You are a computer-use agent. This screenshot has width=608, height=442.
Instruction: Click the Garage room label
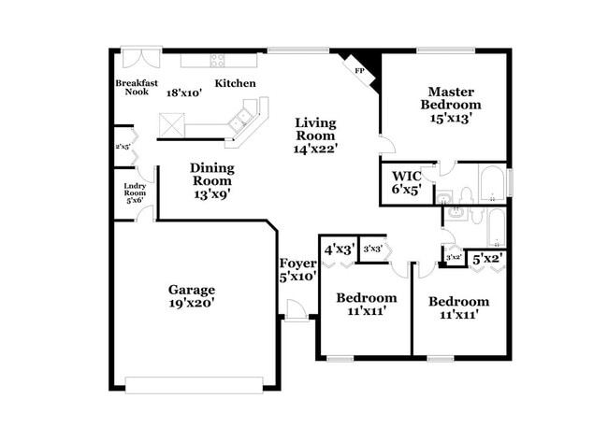click(x=191, y=289)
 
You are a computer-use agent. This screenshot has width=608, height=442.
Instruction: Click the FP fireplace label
click(x=358, y=70)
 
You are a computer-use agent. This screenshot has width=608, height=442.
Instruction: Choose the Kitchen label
click(x=235, y=83)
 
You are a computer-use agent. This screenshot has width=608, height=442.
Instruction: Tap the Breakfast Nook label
click(x=133, y=88)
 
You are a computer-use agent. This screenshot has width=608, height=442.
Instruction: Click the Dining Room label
click(x=212, y=175)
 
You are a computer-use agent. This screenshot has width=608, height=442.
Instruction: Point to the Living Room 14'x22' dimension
click(x=315, y=149)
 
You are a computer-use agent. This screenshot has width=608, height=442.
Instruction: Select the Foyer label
click(x=297, y=264)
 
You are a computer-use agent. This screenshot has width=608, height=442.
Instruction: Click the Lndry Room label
click(x=133, y=191)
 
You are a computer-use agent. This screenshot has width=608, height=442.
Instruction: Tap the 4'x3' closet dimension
click(x=339, y=250)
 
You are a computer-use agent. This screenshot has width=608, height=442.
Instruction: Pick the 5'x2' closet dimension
click(x=487, y=259)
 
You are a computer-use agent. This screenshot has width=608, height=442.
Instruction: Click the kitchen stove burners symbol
click(x=217, y=61)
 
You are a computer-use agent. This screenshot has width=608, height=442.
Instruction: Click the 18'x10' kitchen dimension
click(x=184, y=93)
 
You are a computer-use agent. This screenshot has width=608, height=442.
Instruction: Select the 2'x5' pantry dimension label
click(x=123, y=147)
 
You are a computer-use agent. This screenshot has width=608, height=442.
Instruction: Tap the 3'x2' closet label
click(x=454, y=257)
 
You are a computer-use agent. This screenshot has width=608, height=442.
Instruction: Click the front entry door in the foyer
click(x=297, y=311)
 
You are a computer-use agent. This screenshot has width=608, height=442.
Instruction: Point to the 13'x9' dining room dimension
click(x=211, y=194)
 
